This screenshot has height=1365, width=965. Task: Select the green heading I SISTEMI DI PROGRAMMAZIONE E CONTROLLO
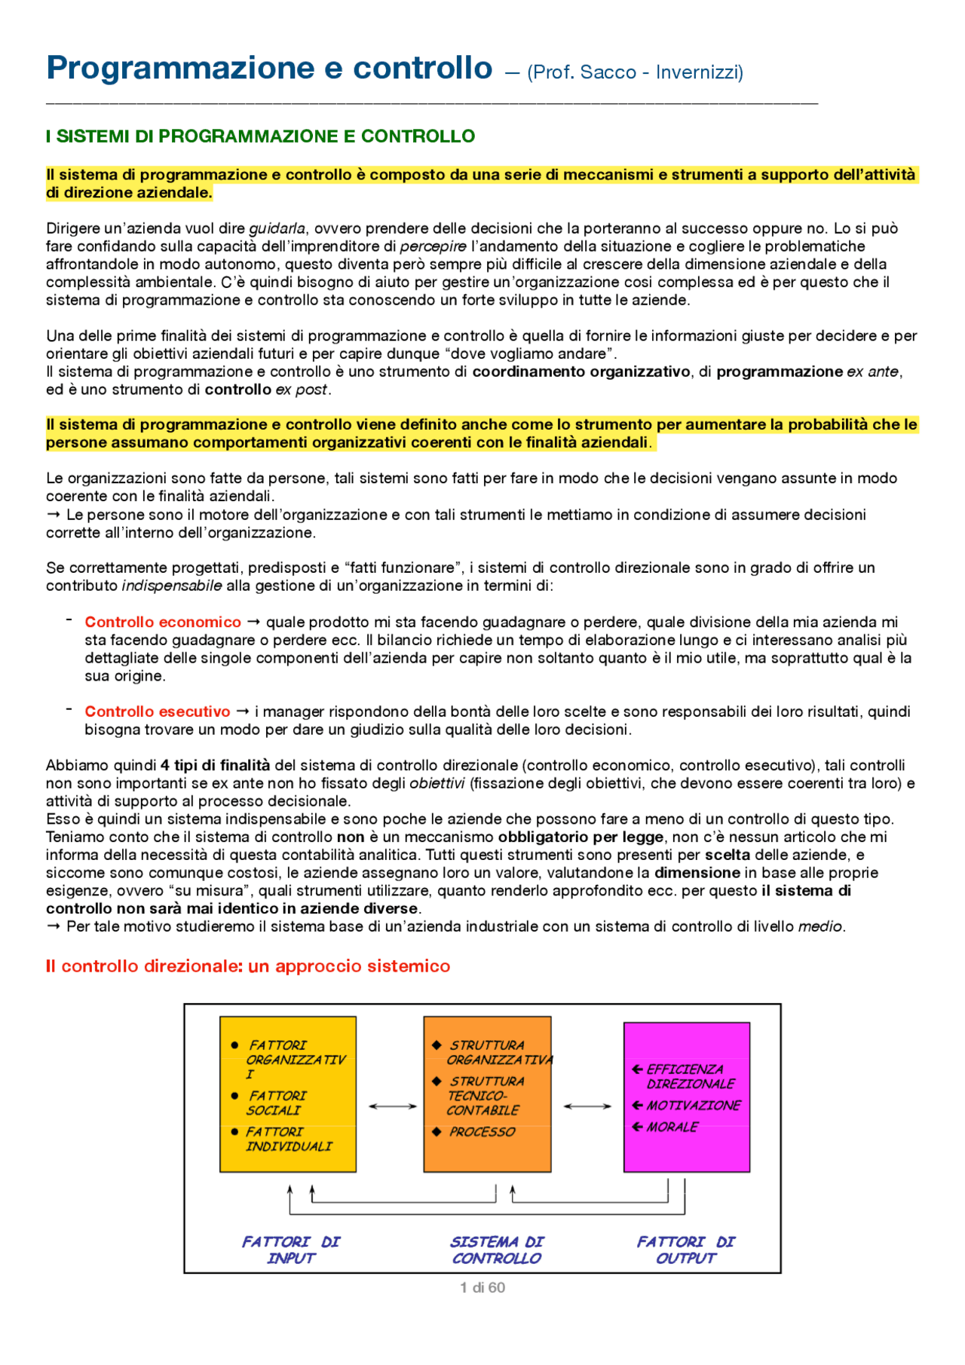pos(260,136)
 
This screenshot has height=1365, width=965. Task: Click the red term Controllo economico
pos(163,622)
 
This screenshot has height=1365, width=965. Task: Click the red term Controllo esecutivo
pos(158,712)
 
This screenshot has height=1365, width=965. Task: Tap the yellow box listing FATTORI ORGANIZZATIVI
pos(288,1094)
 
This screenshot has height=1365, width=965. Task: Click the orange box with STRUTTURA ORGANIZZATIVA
pos(487,1094)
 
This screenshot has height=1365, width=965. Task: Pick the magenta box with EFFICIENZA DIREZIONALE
pos(686,1097)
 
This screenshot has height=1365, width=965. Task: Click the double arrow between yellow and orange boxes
pos(393,1106)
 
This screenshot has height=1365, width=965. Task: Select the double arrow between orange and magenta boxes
pos(587,1106)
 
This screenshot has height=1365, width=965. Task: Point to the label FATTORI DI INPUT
pos(291,1250)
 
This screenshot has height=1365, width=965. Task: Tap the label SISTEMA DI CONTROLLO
pos(497,1250)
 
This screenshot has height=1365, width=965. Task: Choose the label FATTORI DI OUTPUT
pos(685,1250)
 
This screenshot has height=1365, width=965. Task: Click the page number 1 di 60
pos(482,1287)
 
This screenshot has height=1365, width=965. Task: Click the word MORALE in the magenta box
pos(672,1127)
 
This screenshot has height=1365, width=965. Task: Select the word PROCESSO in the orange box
pos(482,1132)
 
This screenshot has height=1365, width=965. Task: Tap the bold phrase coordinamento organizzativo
pos(581,372)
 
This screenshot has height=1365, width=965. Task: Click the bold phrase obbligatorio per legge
pos(581,837)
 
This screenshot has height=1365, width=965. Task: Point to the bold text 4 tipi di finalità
pos(216,765)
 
